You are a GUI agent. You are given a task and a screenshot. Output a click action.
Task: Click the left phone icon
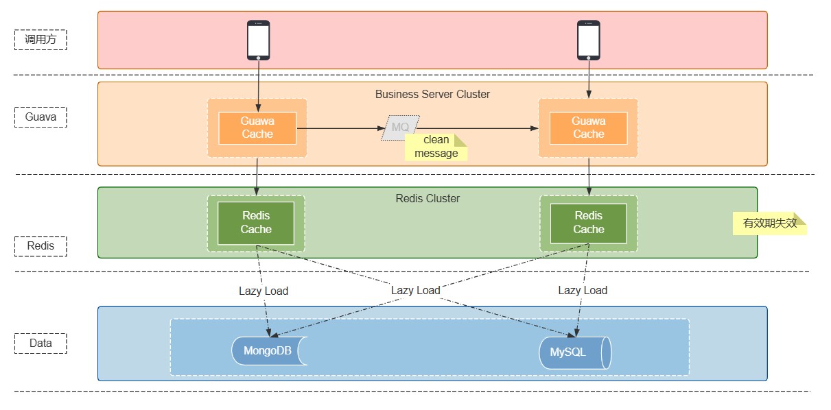point(258,40)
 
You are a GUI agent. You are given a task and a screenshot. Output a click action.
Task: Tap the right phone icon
point(588,40)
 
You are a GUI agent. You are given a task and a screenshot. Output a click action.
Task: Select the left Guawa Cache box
point(257,128)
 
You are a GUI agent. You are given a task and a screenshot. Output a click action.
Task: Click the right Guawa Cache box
point(588,128)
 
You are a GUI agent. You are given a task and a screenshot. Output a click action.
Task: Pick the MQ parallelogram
point(399,128)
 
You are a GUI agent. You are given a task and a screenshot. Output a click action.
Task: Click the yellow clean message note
point(436,147)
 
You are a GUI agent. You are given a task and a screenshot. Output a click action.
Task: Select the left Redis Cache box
point(256,223)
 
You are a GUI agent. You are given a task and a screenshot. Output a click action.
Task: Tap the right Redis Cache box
point(588,223)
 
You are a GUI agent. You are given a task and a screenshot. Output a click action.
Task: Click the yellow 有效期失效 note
point(769,224)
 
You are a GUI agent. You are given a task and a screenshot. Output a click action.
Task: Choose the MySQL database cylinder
point(574,352)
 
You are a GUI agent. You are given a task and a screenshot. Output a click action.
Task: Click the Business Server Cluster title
point(432,94)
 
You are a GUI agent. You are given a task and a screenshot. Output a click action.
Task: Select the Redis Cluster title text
point(428,199)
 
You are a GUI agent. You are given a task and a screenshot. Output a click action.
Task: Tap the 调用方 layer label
point(40,40)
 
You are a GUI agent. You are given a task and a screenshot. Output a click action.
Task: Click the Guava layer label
point(40,117)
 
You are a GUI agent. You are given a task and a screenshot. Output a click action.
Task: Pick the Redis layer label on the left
point(40,246)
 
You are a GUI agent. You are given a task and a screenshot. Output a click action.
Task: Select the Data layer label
point(40,343)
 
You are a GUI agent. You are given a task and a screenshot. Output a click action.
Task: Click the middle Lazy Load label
point(416,291)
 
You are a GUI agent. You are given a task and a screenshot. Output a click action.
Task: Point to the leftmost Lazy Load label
point(264,291)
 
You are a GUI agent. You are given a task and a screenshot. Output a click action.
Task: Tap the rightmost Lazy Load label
point(583,291)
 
